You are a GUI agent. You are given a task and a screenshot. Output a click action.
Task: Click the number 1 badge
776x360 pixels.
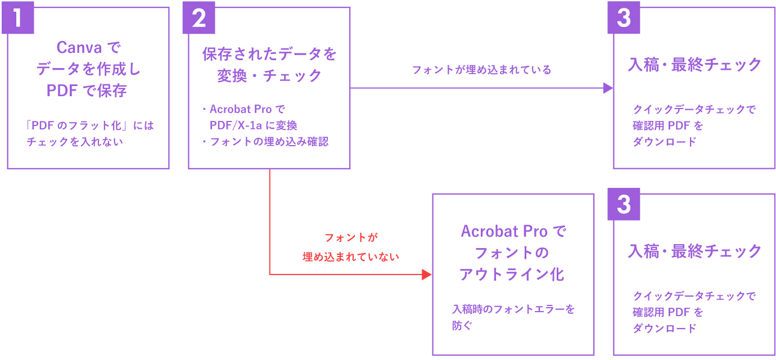coord(17,17)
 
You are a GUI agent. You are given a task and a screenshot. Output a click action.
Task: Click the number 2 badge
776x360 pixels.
coord(199,17)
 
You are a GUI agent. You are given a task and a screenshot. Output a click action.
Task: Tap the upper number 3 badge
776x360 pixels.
coord(624,17)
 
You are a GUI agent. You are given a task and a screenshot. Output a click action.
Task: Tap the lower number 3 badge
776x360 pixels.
coord(624,204)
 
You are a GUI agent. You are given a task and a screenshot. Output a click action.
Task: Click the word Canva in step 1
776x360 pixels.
coord(79,47)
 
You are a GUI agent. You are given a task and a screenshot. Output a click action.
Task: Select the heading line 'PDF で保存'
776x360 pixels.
coord(87,91)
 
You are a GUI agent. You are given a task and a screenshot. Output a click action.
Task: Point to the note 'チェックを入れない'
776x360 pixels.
coord(75,142)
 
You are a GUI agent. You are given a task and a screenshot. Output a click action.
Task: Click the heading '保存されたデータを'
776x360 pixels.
coord(269,54)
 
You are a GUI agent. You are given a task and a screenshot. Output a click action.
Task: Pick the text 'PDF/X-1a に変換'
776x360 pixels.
coord(253,125)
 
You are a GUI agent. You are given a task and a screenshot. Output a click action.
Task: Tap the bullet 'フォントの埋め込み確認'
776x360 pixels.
coord(269,141)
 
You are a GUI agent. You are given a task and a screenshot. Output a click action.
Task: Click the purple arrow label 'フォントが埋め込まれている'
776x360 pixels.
coord(481,70)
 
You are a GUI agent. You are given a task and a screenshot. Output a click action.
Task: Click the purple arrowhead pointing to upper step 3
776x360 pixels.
coord(608,88)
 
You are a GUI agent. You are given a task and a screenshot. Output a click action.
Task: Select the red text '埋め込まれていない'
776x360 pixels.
coord(351,256)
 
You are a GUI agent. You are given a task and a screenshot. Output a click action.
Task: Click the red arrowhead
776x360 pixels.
coord(427,274)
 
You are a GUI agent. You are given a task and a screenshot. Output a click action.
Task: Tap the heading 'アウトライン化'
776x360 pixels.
coord(512,274)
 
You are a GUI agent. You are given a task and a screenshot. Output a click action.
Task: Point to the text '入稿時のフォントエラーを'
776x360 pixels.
coord(513,309)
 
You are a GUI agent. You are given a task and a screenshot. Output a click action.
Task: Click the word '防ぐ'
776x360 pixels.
coord(462,325)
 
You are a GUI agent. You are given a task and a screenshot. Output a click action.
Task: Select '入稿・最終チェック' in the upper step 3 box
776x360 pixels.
coord(694,65)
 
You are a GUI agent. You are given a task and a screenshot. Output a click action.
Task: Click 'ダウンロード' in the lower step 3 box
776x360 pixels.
coord(665,328)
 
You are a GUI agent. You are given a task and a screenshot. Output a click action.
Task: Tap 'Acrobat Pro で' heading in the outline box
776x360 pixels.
coord(513,231)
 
